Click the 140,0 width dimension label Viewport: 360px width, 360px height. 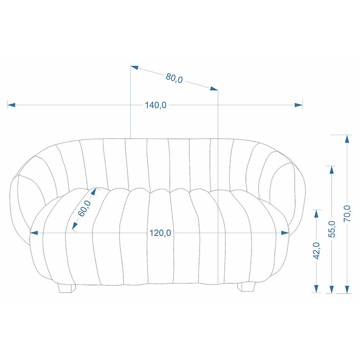point(155,105)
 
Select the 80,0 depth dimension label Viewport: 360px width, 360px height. point(174,78)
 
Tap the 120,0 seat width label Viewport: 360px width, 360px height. point(160,233)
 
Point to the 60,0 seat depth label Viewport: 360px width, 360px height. point(84,208)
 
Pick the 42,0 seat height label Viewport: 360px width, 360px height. point(317,251)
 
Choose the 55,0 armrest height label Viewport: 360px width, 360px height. point(332,229)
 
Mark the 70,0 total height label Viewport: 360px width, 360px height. point(347,213)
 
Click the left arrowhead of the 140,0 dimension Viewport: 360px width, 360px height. point(11,105)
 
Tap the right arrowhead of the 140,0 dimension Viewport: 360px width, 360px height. point(298,105)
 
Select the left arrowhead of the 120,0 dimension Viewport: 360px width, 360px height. point(34,233)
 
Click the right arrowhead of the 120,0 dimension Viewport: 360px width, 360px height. point(285,233)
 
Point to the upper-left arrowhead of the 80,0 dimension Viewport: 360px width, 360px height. point(135,67)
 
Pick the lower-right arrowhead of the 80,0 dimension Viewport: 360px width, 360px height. point(214,88)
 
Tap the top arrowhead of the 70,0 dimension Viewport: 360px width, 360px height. point(347,139)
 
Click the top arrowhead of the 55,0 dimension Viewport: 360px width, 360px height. point(332,170)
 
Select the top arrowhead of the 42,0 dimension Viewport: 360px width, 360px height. point(316,214)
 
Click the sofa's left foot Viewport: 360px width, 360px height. point(67,289)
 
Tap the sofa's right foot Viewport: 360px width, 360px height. point(246,287)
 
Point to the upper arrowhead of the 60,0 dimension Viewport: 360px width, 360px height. point(94,191)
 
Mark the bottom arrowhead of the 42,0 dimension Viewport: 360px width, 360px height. point(316,289)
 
